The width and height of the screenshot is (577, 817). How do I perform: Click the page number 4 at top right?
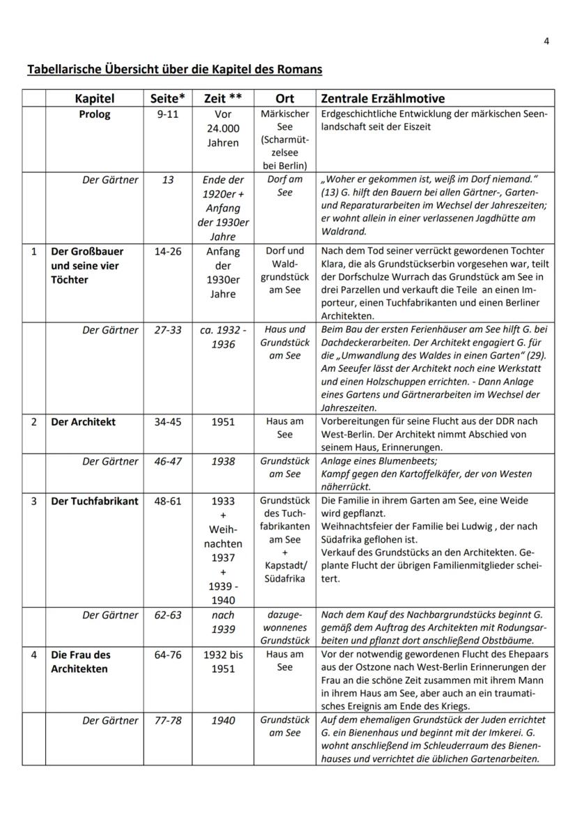tap(546, 40)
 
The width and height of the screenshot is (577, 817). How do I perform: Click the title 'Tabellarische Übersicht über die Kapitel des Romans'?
tap(174, 69)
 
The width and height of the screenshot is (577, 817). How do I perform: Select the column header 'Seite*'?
tap(167, 98)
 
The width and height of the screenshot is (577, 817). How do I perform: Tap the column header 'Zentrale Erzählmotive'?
tap(382, 98)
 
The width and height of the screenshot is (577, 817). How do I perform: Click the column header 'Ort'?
tap(284, 98)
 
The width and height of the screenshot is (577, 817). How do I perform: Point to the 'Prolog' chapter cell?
tap(94, 114)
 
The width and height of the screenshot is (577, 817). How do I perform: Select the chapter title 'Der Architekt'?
tap(84, 422)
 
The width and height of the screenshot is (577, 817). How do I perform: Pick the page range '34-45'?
tap(167, 422)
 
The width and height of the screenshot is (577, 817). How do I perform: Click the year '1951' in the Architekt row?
tap(222, 422)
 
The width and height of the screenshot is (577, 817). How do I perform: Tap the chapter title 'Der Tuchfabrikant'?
tap(95, 501)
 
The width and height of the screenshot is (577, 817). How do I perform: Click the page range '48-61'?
tap(167, 501)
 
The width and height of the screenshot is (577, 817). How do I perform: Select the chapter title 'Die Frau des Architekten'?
tap(81, 661)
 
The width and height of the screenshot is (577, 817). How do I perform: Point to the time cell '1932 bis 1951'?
tap(222, 661)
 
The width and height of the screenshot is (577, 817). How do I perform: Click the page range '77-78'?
tap(167, 720)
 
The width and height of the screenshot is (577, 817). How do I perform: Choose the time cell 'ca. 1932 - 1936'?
tap(222, 336)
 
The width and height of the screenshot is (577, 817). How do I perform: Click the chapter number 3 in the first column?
tap(33, 501)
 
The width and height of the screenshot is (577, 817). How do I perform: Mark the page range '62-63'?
tap(167, 615)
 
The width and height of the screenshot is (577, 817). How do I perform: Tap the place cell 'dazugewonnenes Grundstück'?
tap(284, 627)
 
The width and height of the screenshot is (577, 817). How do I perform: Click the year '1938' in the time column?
tap(222, 461)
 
